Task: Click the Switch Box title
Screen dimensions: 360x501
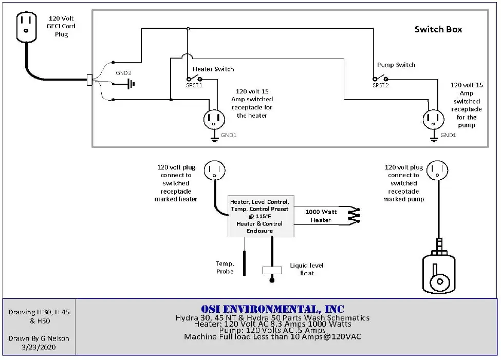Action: click(438, 29)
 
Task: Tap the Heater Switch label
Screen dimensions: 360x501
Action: click(213, 69)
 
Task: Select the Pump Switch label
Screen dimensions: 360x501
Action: click(396, 65)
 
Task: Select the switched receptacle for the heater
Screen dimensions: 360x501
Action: click(214, 120)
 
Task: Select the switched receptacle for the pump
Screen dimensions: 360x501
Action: click(433, 120)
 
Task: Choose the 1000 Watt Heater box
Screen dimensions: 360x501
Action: click(321, 216)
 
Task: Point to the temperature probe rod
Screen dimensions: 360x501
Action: click(244, 263)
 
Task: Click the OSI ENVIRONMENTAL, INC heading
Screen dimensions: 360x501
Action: click(273, 309)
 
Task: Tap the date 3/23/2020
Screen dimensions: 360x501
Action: click(39, 347)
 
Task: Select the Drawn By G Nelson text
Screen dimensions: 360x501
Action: click(39, 338)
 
